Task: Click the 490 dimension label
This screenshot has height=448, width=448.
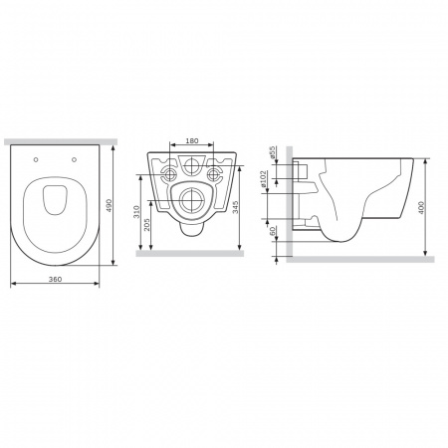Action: [109, 206]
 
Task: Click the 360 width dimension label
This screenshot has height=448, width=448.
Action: [55, 279]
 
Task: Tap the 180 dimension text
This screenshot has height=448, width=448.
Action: [192, 140]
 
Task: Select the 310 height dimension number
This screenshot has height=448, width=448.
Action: [136, 212]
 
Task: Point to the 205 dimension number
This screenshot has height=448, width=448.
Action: [147, 224]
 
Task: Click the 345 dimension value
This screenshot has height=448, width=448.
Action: [235, 207]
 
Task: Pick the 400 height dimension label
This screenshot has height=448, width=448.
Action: [421, 208]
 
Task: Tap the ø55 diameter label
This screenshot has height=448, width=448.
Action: [272, 152]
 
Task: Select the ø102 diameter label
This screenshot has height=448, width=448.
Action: [263, 179]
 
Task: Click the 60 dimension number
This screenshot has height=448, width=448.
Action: [273, 231]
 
